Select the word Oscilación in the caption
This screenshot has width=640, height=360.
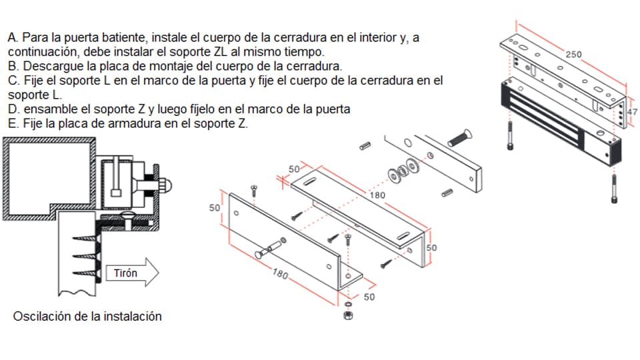[41, 316]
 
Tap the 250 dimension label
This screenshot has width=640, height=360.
[573, 53]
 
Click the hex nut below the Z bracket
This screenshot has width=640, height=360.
[347, 314]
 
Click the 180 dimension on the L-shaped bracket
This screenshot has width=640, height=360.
[377, 195]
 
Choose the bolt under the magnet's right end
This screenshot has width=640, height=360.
[613, 188]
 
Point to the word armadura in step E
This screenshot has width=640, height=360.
[143, 123]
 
